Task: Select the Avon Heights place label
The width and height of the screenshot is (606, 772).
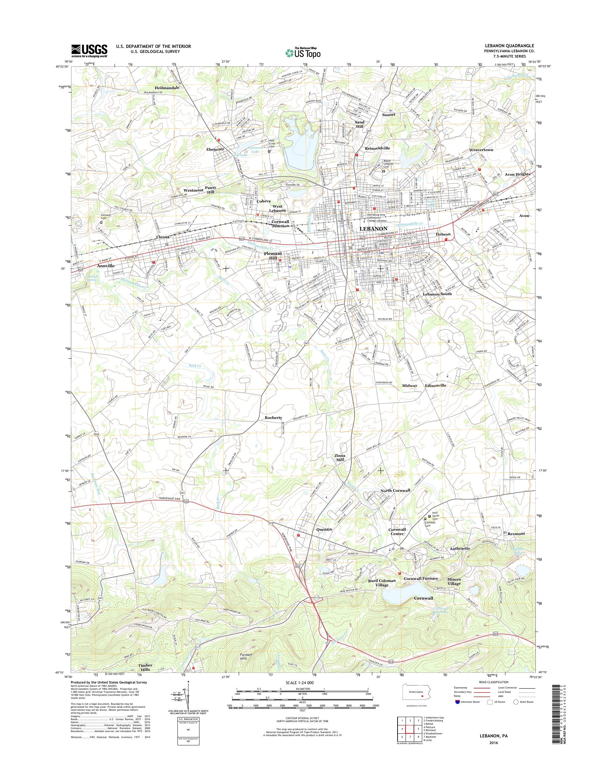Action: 517,174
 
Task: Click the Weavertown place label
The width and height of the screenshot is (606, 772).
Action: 481,150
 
